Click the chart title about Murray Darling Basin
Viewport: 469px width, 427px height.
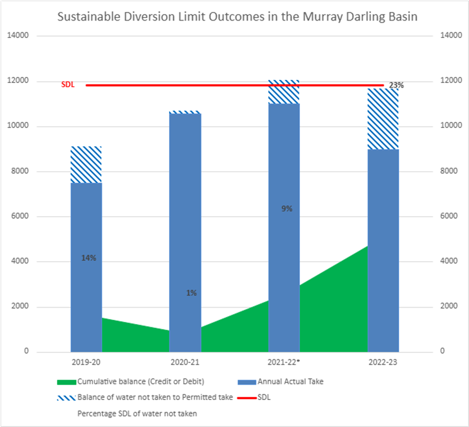pyautogui.click(x=237, y=17)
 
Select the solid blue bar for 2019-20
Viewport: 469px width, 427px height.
pyautogui.click(x=86, y=296)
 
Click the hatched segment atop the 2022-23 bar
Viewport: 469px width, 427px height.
pyautogui.click(x=383, y=119)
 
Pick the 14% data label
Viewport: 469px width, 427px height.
pyautogui.click(x=89, y=258)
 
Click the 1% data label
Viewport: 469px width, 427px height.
pyautogui.click(x=191, y=293)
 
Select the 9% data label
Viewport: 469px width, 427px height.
pyautogui.click(x=287, y=209)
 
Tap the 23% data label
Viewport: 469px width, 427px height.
pyautogui.click(x=396, y=85)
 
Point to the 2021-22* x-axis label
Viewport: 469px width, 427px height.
pyautogui.click(x=284, y=363)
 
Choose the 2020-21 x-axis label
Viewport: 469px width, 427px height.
pyautogui.click(x=185, y=363)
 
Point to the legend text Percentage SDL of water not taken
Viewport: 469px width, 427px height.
pyautogui.click(x=137, y=413)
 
